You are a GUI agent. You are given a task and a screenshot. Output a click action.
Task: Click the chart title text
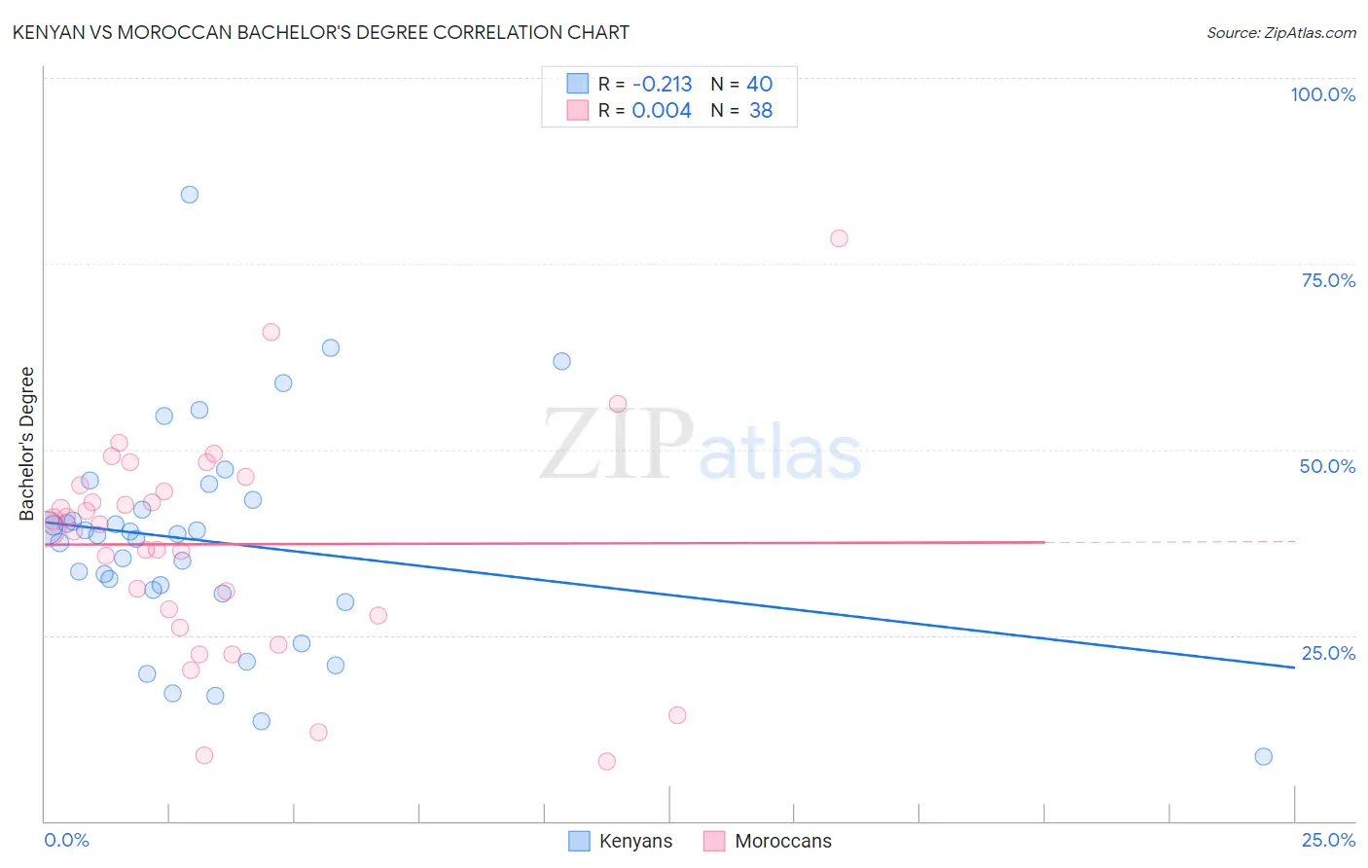click(321, 32)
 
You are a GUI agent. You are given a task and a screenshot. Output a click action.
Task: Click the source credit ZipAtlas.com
click(1280, 32)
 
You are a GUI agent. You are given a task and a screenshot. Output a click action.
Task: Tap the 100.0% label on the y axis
click(1322, 94)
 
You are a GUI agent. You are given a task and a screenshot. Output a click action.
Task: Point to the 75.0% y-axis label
click(1328, 280)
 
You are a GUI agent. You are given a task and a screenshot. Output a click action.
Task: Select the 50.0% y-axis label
click(1327, 466)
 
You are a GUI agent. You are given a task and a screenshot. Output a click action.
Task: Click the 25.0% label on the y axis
click(1328, 653)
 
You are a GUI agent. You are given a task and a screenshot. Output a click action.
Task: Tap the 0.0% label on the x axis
click(66, 840)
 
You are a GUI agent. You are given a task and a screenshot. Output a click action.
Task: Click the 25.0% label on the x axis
click(1328, 840)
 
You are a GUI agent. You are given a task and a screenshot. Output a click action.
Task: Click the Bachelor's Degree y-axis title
click(27, 444)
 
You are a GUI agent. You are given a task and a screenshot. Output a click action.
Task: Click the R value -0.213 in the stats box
click(662, 85)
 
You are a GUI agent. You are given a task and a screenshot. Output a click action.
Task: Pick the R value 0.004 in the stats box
click(662, 111)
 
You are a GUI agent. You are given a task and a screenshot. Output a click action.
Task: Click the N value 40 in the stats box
click(760, 85)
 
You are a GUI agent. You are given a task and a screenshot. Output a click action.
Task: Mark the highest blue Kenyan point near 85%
click(190, 195)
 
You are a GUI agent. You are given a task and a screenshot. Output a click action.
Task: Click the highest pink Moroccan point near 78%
click(839, 238)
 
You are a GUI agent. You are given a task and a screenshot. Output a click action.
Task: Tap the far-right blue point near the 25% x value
click(1263, 756)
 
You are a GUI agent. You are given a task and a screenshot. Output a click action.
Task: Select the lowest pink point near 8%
click(607, 761)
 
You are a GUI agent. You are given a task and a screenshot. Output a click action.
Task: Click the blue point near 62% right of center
click(561, 361)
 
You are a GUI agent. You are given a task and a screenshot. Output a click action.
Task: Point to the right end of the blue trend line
click(1294, 668)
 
